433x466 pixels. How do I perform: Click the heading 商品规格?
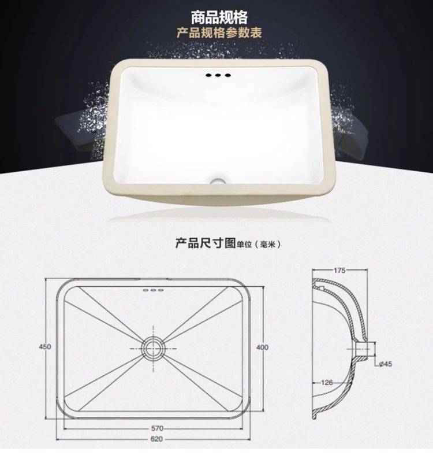219,17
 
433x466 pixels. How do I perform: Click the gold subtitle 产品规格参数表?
219,33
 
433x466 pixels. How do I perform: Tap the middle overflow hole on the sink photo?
218,75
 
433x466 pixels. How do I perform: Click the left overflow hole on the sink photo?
208,75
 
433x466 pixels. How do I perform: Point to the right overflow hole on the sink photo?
227,75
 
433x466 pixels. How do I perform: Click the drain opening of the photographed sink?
218,181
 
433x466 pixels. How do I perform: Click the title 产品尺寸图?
206,243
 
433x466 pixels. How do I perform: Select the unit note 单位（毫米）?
258,245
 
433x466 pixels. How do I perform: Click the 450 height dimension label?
45,346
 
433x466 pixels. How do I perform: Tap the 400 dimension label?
262,347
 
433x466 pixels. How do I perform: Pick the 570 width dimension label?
157,428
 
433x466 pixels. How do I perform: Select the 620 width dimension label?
156,439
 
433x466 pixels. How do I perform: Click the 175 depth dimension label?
339,270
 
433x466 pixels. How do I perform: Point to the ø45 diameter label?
386,364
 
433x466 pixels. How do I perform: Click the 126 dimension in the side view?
327,383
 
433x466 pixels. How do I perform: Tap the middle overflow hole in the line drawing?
153,290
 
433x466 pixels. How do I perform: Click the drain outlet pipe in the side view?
365,349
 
